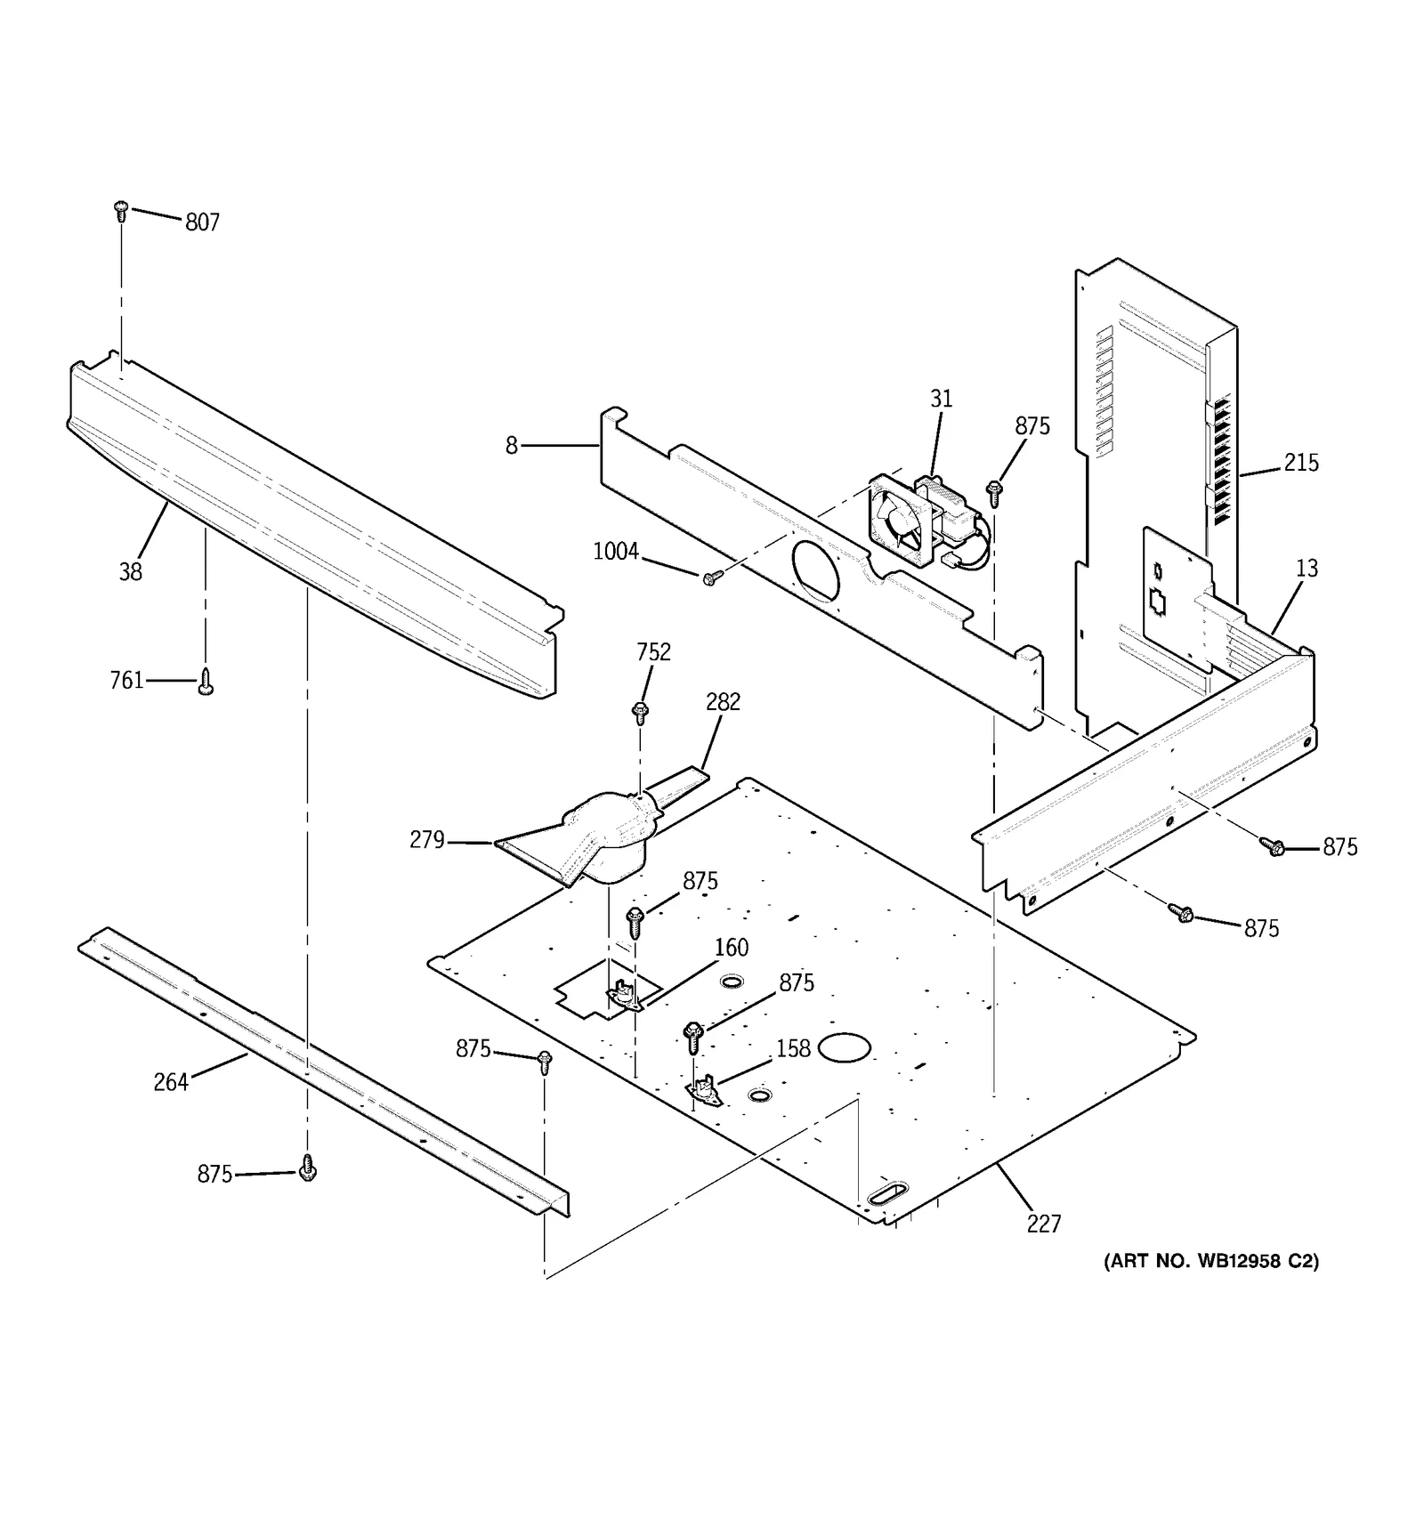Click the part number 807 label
[202, 222]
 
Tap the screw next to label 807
[122, 211]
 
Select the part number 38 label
[131, 572]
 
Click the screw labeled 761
[206, 683]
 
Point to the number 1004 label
[616, 552]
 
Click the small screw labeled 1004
[709, 578]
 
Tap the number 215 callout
[1300, 463]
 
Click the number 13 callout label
[1306, 569]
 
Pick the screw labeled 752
[640, 710]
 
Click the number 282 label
[723, 703]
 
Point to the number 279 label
[427, 840]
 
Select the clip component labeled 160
[626, 995]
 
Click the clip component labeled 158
[703, 1090]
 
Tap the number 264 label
[171, 1082]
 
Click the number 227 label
[1043, 1224]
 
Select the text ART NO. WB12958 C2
[1211, 1261]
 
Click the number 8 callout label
[512, 445]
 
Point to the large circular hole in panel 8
[814, 569]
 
